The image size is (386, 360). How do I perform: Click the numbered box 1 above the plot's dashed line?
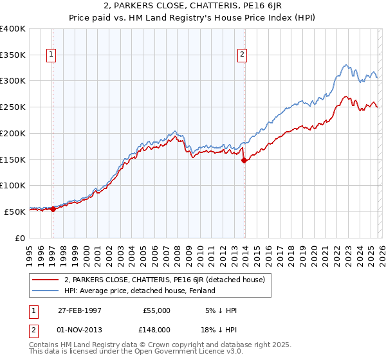(x=51, y=55)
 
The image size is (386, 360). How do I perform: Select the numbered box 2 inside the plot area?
(x=243, y=55)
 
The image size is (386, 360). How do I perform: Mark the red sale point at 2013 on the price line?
(x=244, y=161)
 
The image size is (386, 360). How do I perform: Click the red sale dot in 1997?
(x=53, y=209)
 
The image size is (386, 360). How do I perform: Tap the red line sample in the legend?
(x=46, y=280)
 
